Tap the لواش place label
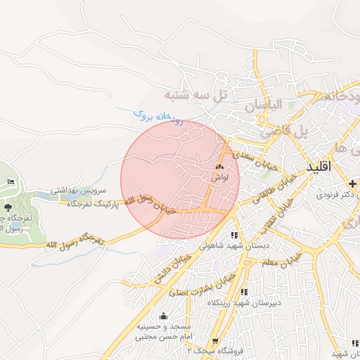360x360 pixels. [x=220, y=179]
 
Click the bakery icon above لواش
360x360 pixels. [x=220, y=167]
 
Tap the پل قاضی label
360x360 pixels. [x=285, y=131]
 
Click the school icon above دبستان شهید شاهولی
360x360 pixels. [x=234, y=236]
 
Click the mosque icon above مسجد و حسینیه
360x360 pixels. [x=164, y=316]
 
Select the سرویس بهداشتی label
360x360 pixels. [x=78, y=191]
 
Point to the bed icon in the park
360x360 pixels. [x=10, y=182]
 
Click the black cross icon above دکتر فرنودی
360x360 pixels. [x=352, y=183]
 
